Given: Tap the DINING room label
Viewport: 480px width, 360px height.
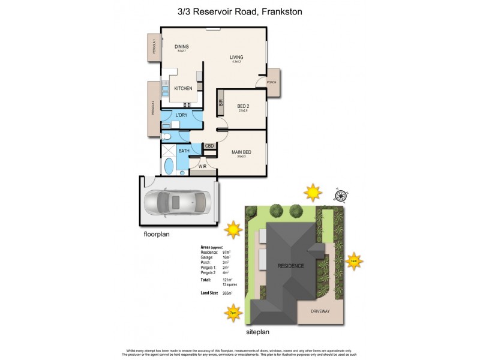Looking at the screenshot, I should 182,46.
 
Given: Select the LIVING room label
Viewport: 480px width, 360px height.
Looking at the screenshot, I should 236,58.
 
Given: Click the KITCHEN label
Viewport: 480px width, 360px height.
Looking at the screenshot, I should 183,88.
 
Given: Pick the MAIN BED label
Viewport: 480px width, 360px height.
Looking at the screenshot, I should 241,152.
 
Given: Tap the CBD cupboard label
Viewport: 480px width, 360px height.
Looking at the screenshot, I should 209,146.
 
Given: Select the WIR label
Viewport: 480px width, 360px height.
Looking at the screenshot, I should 195,166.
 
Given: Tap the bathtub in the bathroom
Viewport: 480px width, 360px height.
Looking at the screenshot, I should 168,166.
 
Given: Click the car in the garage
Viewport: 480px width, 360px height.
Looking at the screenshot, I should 178,202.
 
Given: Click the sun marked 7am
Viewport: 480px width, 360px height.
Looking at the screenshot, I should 355,262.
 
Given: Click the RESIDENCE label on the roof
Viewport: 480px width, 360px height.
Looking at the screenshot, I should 290,265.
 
